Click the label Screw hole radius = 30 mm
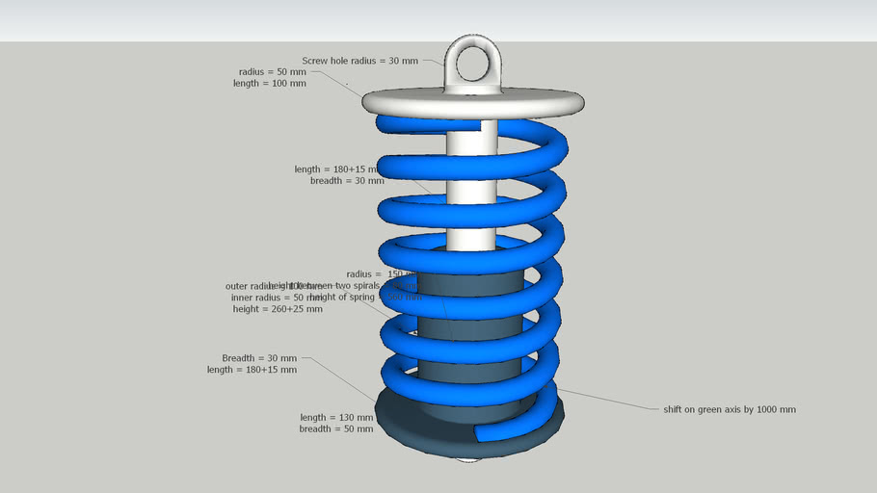359,61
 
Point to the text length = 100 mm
269,84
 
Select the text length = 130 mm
335,417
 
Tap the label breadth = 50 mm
335,429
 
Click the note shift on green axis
730,409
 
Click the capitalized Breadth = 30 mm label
259,357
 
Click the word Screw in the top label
316,61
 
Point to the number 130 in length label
347,417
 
